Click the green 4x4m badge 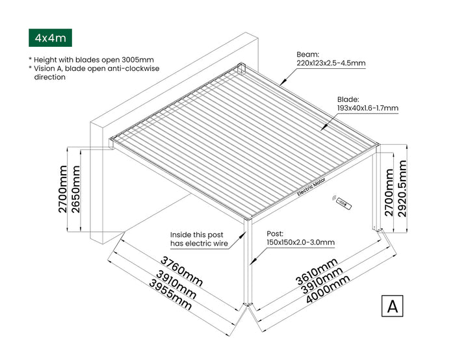49,38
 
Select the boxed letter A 392,305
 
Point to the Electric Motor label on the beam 313,187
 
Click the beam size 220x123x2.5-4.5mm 326,63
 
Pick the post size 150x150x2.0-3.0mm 300,242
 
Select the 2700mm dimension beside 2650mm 62,189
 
